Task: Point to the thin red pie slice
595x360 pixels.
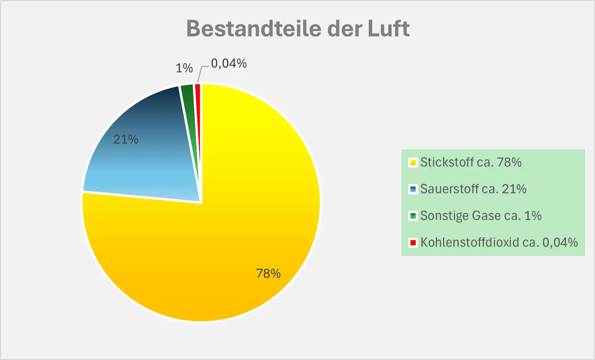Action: [x=198, y=104]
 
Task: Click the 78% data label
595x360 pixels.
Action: [x=268, y=274]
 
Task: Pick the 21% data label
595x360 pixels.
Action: [x=126, y=139]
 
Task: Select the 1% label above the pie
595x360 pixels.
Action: [x=184, y=68]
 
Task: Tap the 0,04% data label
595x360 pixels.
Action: [x=229, y=63]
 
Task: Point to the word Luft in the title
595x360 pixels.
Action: [x=388, y=28]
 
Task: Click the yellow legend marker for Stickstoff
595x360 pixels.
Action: [x=413, y=162]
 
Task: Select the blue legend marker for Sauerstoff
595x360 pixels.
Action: [x=413, y=189]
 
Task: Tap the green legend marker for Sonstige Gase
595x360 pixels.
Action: [x=413, y=216]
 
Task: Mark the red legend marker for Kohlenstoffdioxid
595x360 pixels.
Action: [x=413, y=243]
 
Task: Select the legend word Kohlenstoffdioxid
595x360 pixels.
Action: [x=470, y=242]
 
